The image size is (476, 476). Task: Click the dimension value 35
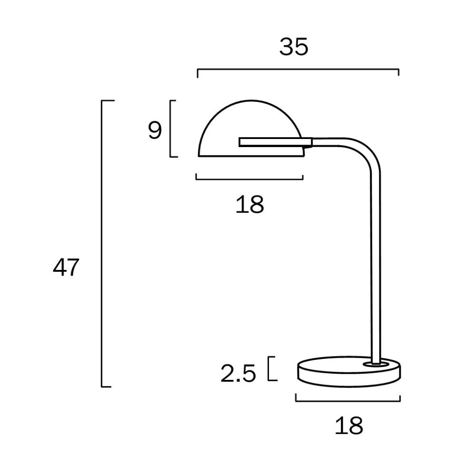294,47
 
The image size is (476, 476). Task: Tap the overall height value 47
65,268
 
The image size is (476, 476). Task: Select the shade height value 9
155,130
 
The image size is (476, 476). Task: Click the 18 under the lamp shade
249,205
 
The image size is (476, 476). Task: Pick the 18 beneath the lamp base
348,425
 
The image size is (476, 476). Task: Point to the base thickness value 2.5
238,374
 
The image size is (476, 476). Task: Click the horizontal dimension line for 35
298,69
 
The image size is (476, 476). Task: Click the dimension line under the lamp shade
249,179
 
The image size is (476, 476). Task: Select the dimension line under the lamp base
348,400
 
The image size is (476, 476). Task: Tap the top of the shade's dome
251,101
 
